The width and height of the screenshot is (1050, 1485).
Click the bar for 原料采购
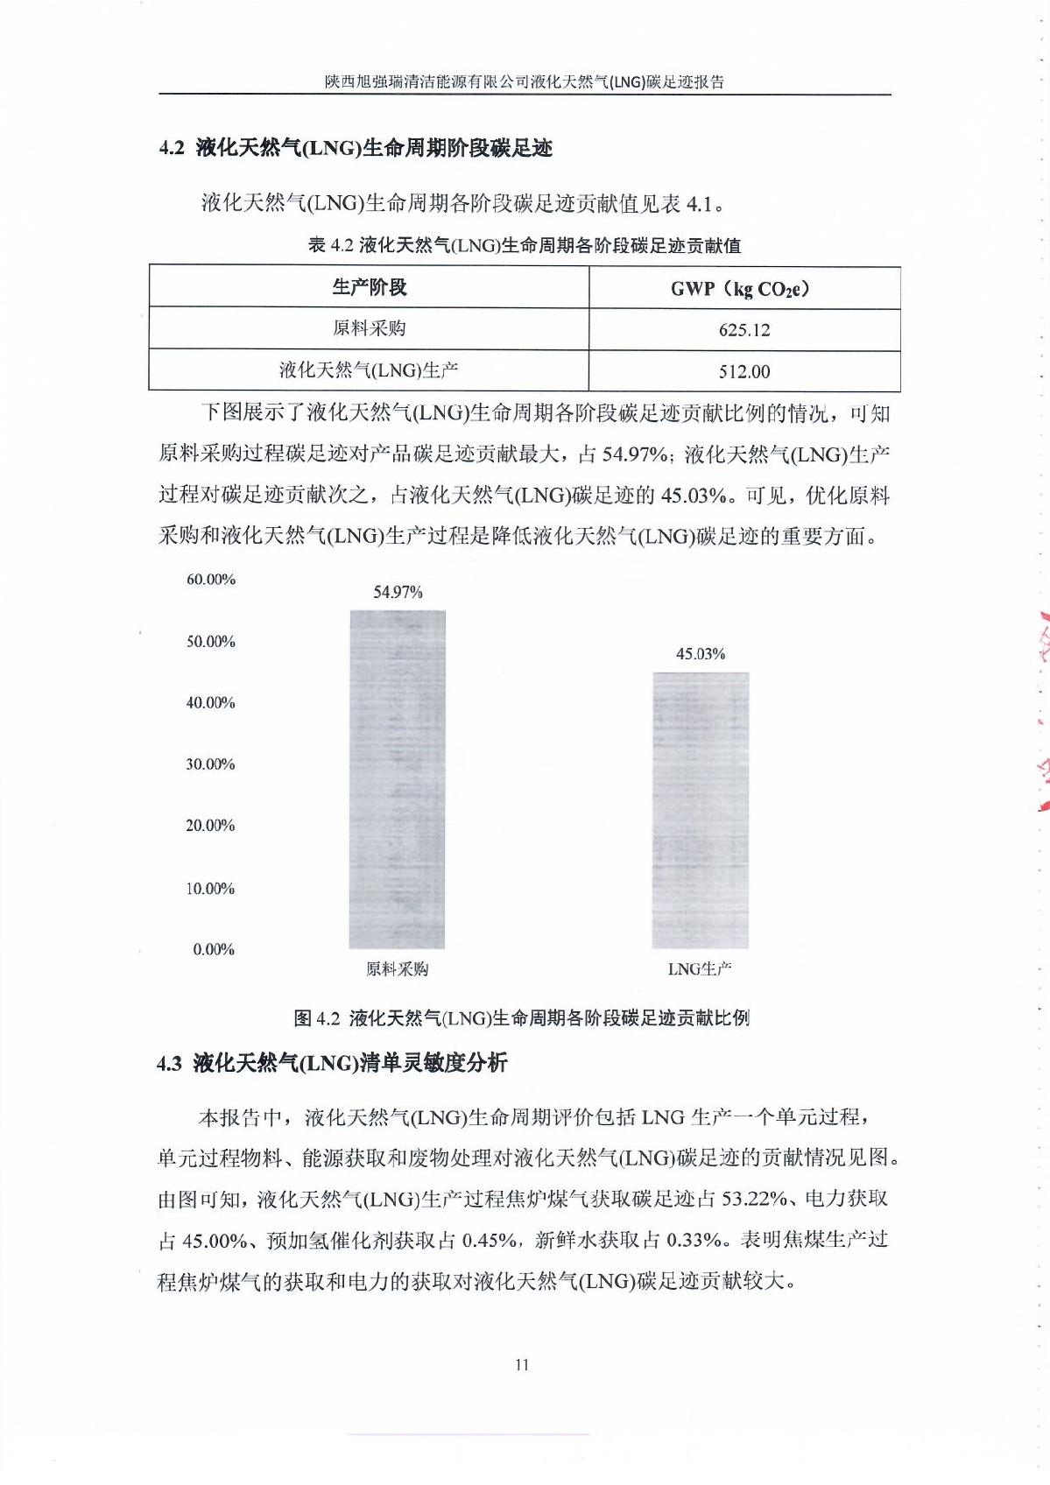(x=398, y=779)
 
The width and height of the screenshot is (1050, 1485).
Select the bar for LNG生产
(x=700, y=810)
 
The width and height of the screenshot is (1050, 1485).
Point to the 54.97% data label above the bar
(x=398, y=592)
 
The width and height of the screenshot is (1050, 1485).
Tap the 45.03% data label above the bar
(x=700, y=654)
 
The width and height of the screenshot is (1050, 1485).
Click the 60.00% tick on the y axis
(x=210, y=580)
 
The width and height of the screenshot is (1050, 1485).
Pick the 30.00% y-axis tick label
(x=210, y=764)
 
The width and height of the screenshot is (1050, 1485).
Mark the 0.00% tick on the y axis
(x=214, y=950)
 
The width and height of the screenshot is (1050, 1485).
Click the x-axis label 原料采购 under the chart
(x=397, y=969)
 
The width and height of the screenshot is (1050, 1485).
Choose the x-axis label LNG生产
(x=699, y=969)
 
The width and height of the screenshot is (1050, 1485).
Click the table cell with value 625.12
(x=744, y=330)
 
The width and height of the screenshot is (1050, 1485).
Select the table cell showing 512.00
(x=744, y=371)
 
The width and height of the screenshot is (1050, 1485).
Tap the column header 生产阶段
(x=369, y=287)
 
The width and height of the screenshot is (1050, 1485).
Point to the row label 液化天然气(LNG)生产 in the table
(x=369, y=370)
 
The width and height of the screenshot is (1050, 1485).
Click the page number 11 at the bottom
(x=522, y=1364)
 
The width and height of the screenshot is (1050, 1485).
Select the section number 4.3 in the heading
(x=169, y=1064)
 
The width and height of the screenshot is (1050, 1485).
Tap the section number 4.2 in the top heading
(x=172, y=148)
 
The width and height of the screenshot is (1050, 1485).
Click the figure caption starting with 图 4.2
(x=521, y=1017)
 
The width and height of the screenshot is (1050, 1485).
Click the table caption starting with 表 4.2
(x=525, y=245)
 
